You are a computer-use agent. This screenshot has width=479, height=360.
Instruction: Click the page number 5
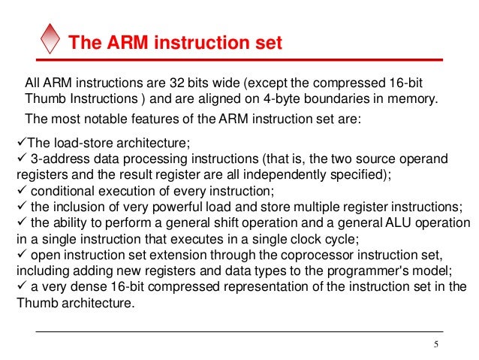[x=435, y=344]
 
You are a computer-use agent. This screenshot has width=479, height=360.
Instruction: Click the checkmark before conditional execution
[x=20, y=191]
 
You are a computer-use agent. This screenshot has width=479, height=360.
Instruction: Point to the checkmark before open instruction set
[x=20, y=256]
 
